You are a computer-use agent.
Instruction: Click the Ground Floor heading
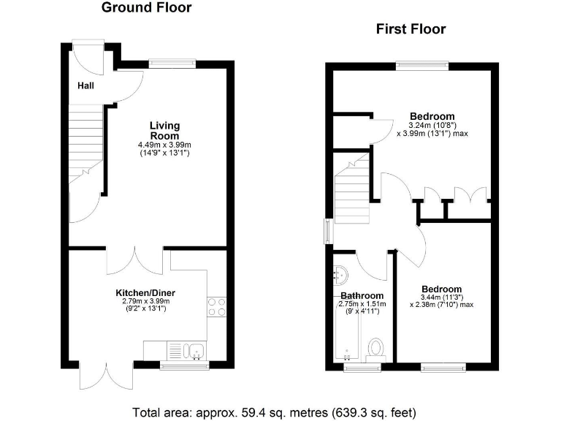[146, 8]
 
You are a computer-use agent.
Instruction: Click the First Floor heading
[411, 29]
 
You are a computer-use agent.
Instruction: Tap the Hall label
[85, 86]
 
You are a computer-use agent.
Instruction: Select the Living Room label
[164, 131]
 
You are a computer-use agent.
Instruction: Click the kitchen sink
[187, 351]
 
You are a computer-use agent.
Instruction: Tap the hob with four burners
[216, 306]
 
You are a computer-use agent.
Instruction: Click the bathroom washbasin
[340, 276]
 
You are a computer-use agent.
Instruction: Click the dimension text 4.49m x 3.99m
[164, 145]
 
